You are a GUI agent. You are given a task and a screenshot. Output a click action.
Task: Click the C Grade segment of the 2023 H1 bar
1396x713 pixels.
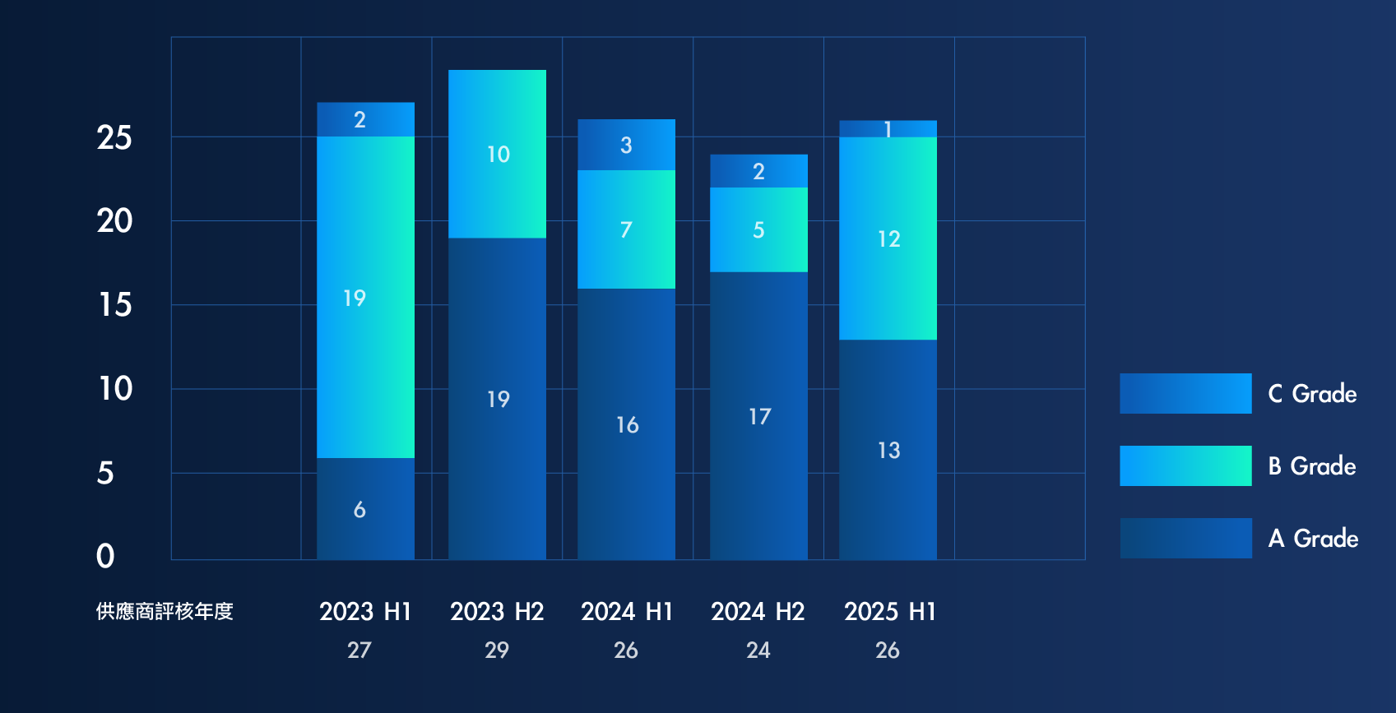click(365, 119)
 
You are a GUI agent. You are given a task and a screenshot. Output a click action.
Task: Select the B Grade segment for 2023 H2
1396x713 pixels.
click(497, 154)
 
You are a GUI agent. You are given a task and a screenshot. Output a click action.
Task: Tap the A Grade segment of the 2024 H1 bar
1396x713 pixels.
click(626, 424)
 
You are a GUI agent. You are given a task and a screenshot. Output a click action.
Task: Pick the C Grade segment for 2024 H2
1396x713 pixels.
click(758, 171)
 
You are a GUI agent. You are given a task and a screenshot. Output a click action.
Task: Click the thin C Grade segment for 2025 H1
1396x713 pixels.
click(888, 129)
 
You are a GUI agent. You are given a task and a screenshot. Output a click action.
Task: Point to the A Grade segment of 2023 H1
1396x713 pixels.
click(365, 508)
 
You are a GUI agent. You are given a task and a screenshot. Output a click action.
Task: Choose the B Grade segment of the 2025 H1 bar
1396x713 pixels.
click(888, 238)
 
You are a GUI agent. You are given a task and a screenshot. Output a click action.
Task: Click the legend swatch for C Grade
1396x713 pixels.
click(1185, 393)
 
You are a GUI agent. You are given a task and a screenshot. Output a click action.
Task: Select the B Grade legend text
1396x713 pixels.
click(1311, 466)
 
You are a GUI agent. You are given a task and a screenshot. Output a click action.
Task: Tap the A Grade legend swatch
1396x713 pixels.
click(1185, 538)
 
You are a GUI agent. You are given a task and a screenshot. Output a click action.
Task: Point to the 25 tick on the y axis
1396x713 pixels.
click(114, 138)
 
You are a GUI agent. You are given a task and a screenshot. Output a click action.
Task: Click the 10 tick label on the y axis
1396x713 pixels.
click(115, 389)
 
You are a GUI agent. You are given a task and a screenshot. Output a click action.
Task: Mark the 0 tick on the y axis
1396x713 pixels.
click(105, 557)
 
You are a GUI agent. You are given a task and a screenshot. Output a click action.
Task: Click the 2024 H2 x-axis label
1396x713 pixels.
click(758, 612)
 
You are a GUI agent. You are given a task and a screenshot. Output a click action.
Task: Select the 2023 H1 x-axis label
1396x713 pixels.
click(365, 612)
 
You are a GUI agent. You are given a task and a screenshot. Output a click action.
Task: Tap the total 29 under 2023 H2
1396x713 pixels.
click(496, 650)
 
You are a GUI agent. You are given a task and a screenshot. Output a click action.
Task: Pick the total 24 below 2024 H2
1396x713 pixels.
click(758, 650)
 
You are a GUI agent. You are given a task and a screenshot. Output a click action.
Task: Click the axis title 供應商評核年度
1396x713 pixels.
click(165, 612)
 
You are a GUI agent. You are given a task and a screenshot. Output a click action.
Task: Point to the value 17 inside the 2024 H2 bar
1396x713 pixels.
click(759, 417)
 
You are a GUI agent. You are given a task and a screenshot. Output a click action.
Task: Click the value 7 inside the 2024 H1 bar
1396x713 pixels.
click(626, 229)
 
